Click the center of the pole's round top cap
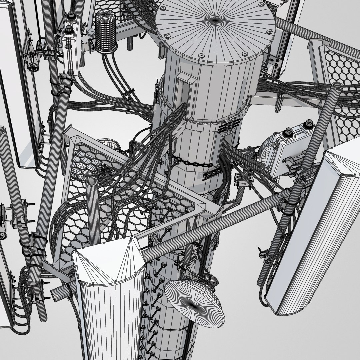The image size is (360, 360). pos(215,21)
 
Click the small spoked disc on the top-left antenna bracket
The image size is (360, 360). pos(33,66)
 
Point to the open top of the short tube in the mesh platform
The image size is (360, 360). pos(92,182)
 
